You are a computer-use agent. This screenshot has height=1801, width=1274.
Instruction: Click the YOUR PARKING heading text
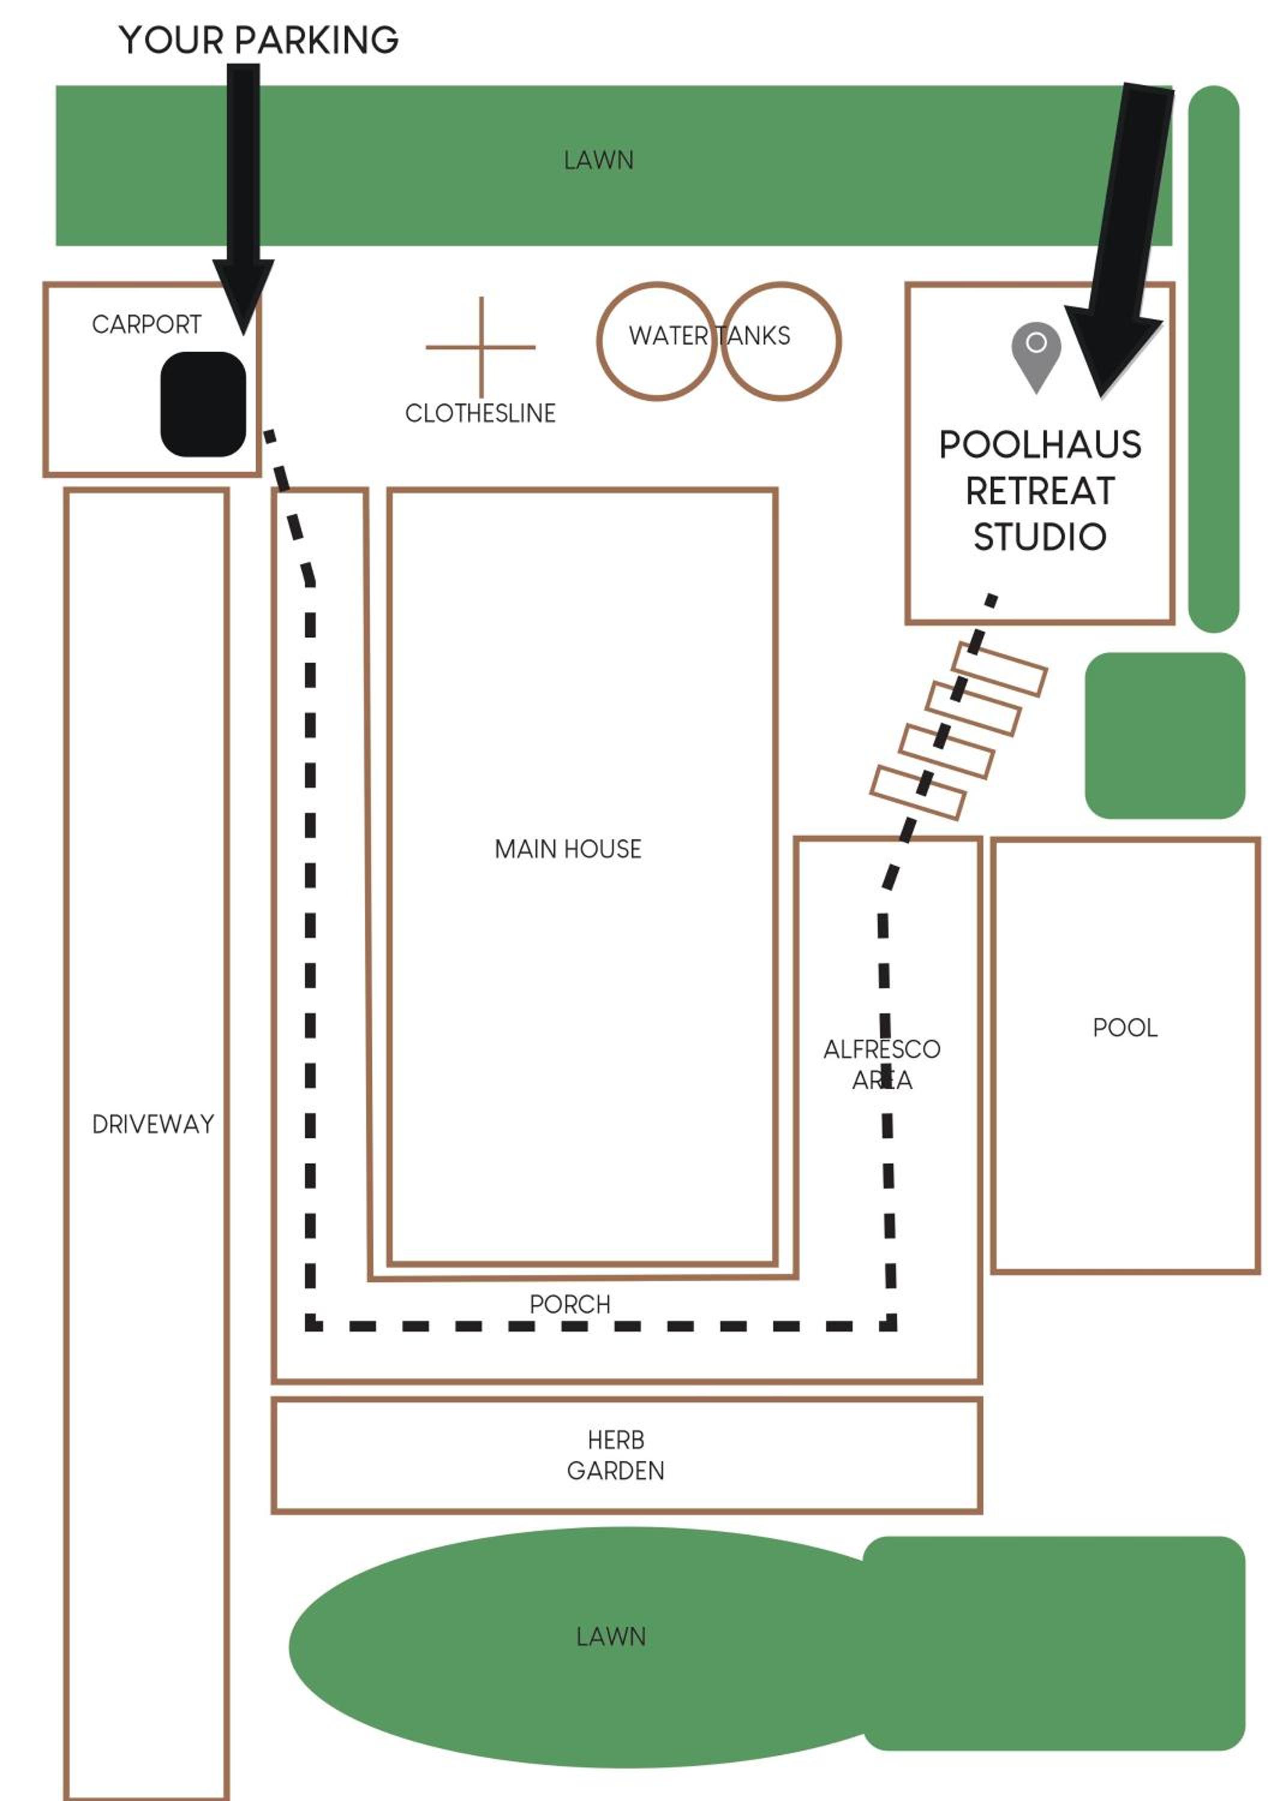click(259, 40)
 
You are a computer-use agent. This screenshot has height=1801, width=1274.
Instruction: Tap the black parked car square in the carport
click(203, 404)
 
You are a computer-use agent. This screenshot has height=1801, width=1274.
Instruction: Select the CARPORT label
click(146, 324)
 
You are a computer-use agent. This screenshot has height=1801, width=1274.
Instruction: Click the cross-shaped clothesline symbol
click(481, 347)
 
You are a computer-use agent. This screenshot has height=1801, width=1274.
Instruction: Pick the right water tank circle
click(839, 341)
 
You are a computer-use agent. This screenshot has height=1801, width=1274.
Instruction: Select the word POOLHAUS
click(1040, 445)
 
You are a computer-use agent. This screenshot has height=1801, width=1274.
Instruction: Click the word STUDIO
click(1040, 537)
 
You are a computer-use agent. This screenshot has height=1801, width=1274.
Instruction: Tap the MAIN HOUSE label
click(568, 849)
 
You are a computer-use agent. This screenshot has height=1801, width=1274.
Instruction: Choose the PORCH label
click(570, 1304)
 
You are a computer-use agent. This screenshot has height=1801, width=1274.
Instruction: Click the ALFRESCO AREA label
click(882, 1064)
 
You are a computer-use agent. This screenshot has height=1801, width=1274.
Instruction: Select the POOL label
click(1125, 1028)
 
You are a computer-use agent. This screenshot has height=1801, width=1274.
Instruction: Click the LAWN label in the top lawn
click(599, 160)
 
